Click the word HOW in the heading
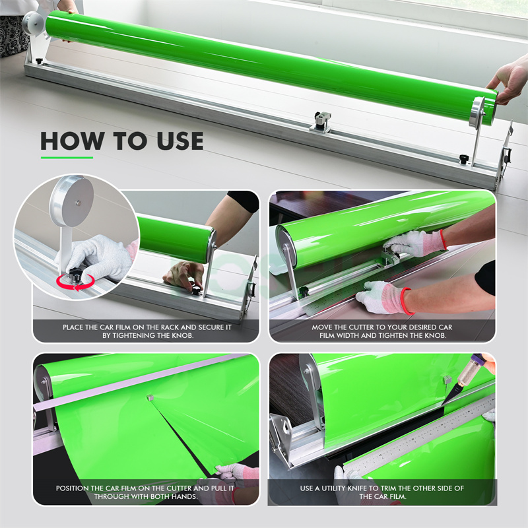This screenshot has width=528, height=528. tap(72, 141)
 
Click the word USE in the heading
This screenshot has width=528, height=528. tap(180, 141)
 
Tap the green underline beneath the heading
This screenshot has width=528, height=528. tap(67, 157)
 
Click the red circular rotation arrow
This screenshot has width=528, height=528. tap(75, 282)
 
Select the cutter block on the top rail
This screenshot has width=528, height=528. tap(321, 122)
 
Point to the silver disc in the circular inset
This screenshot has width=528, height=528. tap(72, 201)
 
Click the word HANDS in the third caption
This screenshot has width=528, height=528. tap(185, 496)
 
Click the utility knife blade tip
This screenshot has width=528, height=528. tap(442, 405)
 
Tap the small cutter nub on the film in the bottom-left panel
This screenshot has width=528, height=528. tap(150, 398)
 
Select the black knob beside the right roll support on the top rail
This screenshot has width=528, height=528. tap(465, 158)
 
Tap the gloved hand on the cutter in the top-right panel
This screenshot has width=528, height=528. tap(415, 243)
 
